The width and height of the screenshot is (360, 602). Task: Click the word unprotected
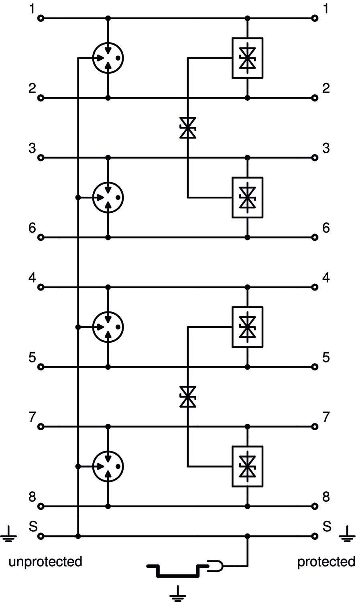45,561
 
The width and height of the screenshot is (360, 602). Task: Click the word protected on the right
326,561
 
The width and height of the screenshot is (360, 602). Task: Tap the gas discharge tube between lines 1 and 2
108,58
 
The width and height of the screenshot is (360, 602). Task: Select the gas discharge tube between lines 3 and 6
108,197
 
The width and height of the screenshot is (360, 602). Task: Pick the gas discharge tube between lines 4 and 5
108,327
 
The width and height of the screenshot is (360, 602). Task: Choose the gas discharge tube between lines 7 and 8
108,466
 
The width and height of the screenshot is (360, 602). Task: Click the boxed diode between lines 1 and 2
248,58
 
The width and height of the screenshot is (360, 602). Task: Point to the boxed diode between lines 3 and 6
248,197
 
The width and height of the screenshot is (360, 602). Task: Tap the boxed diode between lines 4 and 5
248,327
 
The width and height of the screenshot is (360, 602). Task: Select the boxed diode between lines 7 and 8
248,466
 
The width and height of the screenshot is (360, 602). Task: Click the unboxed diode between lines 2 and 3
187,128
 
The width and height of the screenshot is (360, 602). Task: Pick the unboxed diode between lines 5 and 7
187,397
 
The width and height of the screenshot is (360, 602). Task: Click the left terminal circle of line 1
41,18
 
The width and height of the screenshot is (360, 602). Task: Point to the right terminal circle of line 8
315,506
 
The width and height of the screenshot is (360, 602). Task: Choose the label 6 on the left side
32,228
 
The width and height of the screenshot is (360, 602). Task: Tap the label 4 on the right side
326,277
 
